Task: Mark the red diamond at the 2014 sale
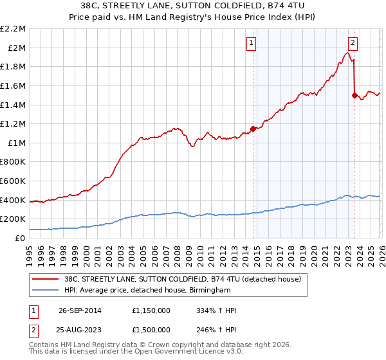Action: click(253, 129)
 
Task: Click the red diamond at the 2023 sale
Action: click(354, 95)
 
